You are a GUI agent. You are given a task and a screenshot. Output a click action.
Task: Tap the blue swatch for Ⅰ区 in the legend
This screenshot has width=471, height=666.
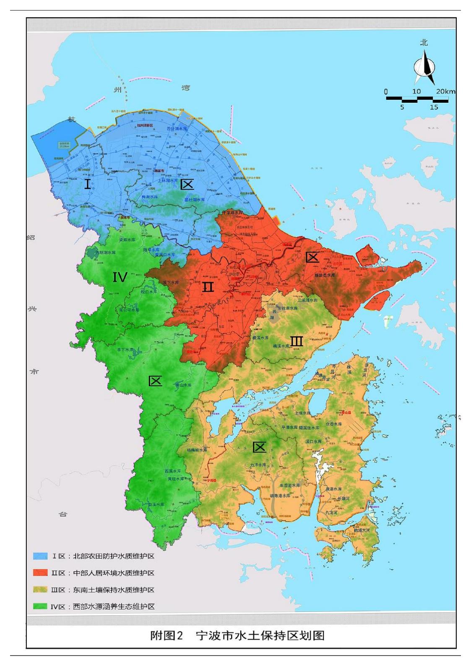(40, 556)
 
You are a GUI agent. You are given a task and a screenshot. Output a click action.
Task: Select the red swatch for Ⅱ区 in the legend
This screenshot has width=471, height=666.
(40, 573)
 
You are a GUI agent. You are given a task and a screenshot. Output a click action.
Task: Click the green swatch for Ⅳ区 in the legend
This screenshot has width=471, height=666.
(40, 606)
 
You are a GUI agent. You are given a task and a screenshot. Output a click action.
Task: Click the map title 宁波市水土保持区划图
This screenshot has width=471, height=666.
(260, 636)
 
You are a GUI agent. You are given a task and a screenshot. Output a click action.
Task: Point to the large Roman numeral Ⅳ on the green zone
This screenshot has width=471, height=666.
(120, 277)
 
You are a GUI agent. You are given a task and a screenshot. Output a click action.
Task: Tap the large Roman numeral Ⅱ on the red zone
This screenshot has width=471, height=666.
(208, 287)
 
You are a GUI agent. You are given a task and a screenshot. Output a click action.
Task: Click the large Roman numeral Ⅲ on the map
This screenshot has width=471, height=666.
(297, 341)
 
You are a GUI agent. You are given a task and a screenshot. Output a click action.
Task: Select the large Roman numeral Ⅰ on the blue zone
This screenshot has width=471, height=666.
(87, 184)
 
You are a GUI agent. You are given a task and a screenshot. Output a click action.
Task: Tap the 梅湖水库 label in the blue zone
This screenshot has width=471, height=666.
(150, 197)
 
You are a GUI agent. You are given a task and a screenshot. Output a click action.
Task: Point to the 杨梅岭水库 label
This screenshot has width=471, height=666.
(197, 450)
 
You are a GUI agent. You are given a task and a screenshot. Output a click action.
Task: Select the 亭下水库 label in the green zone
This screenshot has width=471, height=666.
(125, 350)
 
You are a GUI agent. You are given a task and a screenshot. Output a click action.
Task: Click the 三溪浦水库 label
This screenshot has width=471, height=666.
(307, 300)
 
